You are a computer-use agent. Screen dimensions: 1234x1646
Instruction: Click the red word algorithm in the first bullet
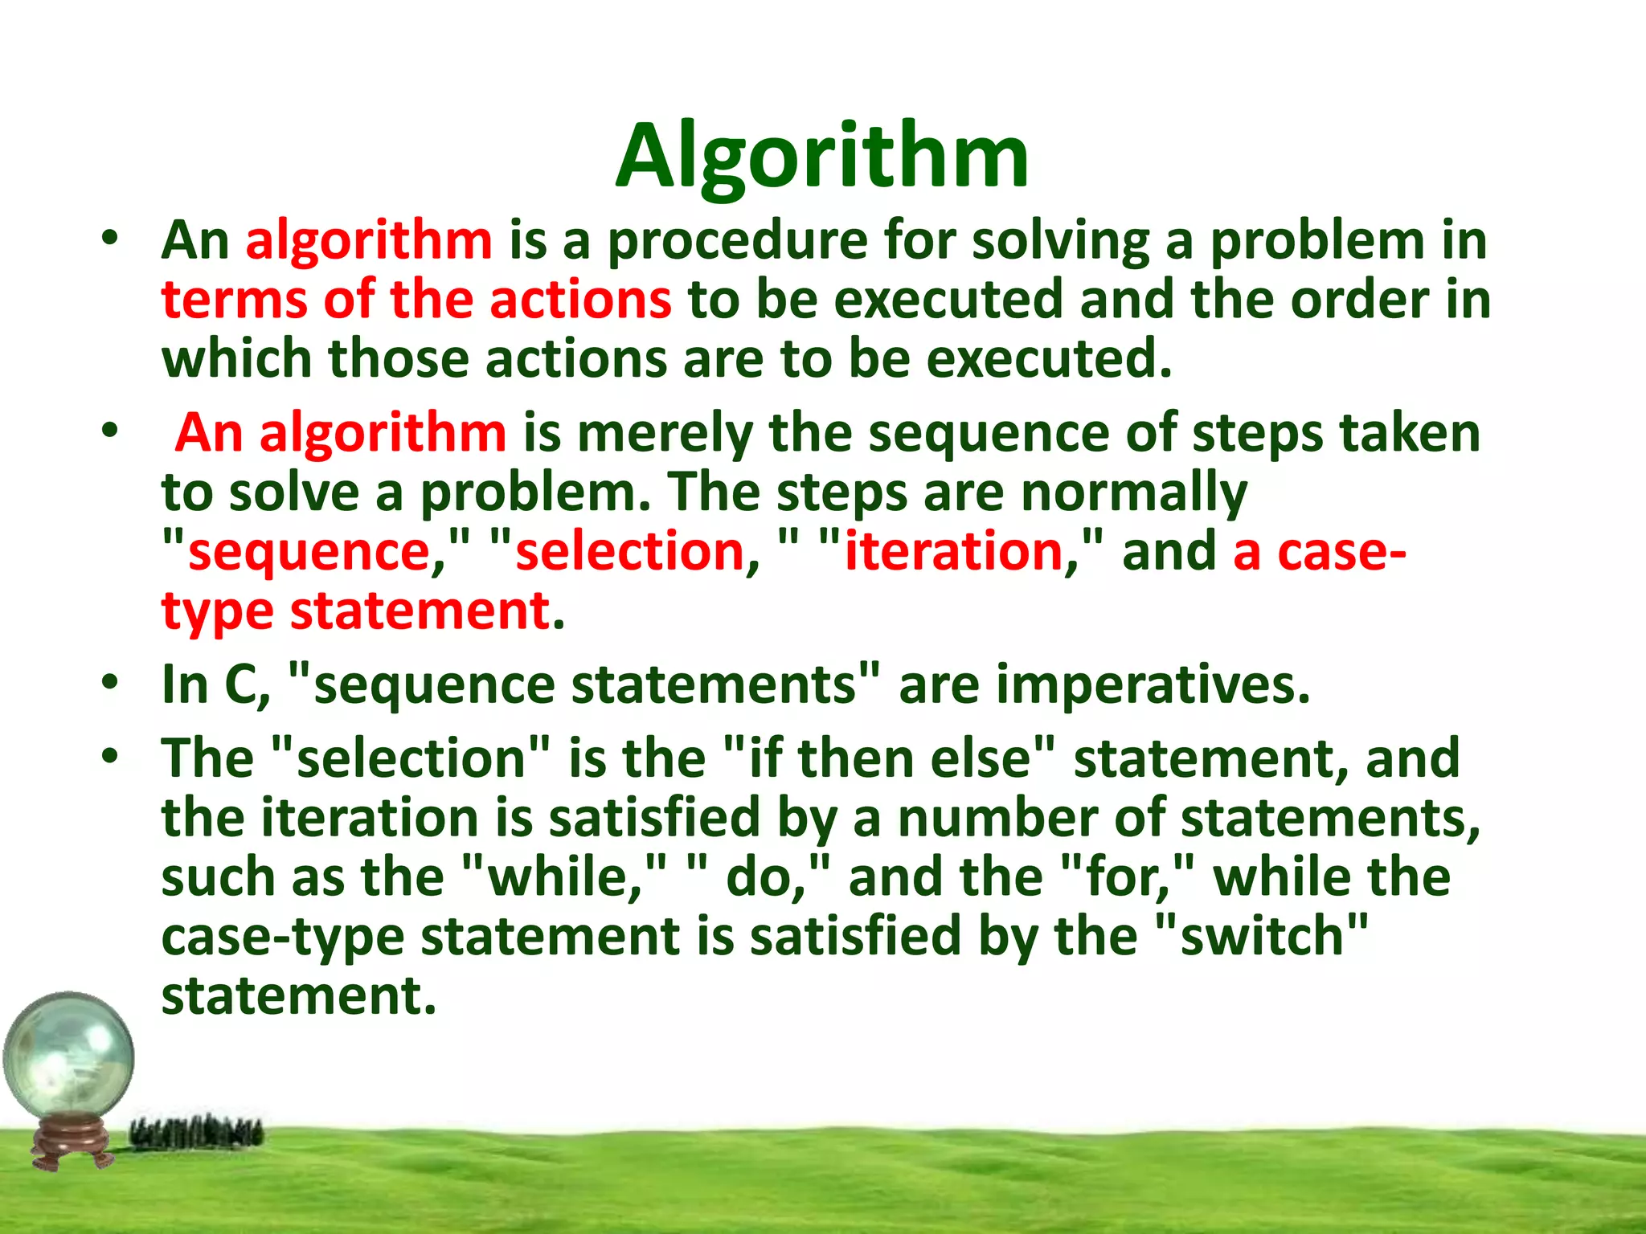coord(369,241)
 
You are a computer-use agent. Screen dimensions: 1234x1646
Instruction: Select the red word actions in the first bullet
coord(580,300)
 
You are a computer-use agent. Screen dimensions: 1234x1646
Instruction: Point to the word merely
coord(664,434)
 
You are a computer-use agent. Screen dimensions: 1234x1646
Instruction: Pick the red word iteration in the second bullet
coord(953,553)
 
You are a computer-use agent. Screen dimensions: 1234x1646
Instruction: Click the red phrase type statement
coord(356,612)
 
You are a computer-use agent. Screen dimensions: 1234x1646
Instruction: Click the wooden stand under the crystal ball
coord(72,1141)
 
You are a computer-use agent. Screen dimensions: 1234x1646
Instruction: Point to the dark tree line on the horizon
coord(197,1133)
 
